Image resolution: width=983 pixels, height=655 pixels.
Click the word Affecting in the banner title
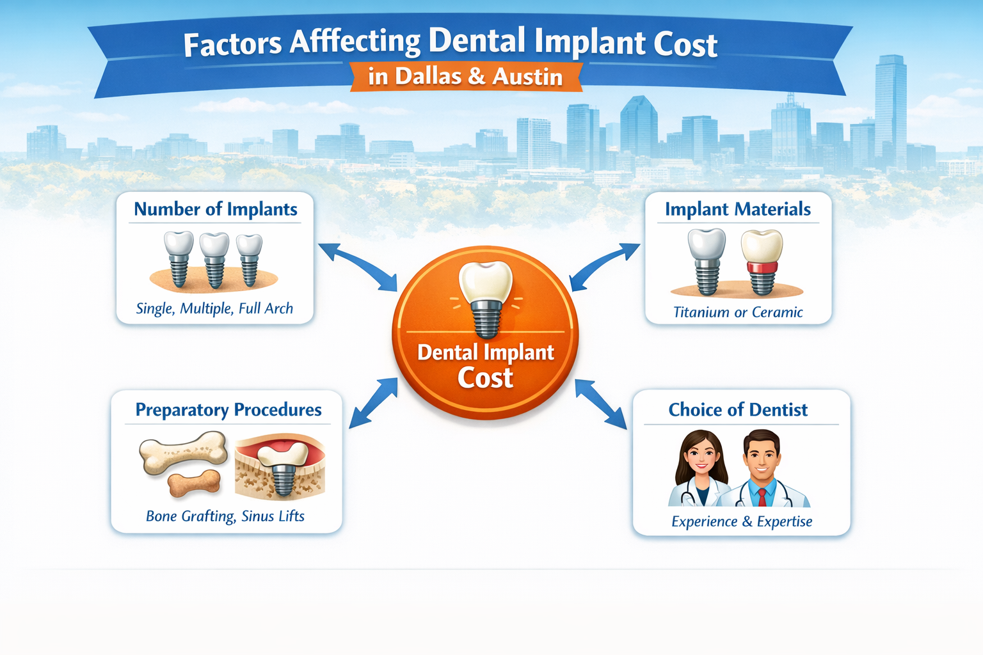coord(355,43)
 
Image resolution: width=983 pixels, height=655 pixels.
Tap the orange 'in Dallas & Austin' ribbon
coord(465,76)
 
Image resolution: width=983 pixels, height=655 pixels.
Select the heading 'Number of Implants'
coord(215,209)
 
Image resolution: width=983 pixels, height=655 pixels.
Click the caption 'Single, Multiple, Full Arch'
coord(214,308)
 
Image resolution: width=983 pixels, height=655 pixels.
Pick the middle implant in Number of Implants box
coord(214,259)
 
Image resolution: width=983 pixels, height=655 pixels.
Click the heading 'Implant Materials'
coord(737,209)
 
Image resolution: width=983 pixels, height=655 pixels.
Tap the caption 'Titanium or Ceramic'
coord(738,312)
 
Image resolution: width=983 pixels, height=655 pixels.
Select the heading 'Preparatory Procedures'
coord(228,409)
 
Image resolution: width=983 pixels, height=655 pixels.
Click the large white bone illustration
coord(184,452)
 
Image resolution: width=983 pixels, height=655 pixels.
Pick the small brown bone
coord(195,483)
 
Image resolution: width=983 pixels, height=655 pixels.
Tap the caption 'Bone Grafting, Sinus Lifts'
coord(225,516)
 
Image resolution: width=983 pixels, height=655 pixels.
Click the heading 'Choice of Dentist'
coord(738,409)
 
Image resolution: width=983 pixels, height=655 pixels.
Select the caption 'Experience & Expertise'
coord(742,521)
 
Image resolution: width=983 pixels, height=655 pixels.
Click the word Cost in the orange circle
coord(485,378)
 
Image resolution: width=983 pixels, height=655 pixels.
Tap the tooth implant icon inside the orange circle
coord(486,297)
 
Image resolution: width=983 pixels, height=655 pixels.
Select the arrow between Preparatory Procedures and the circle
coord(373,402)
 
